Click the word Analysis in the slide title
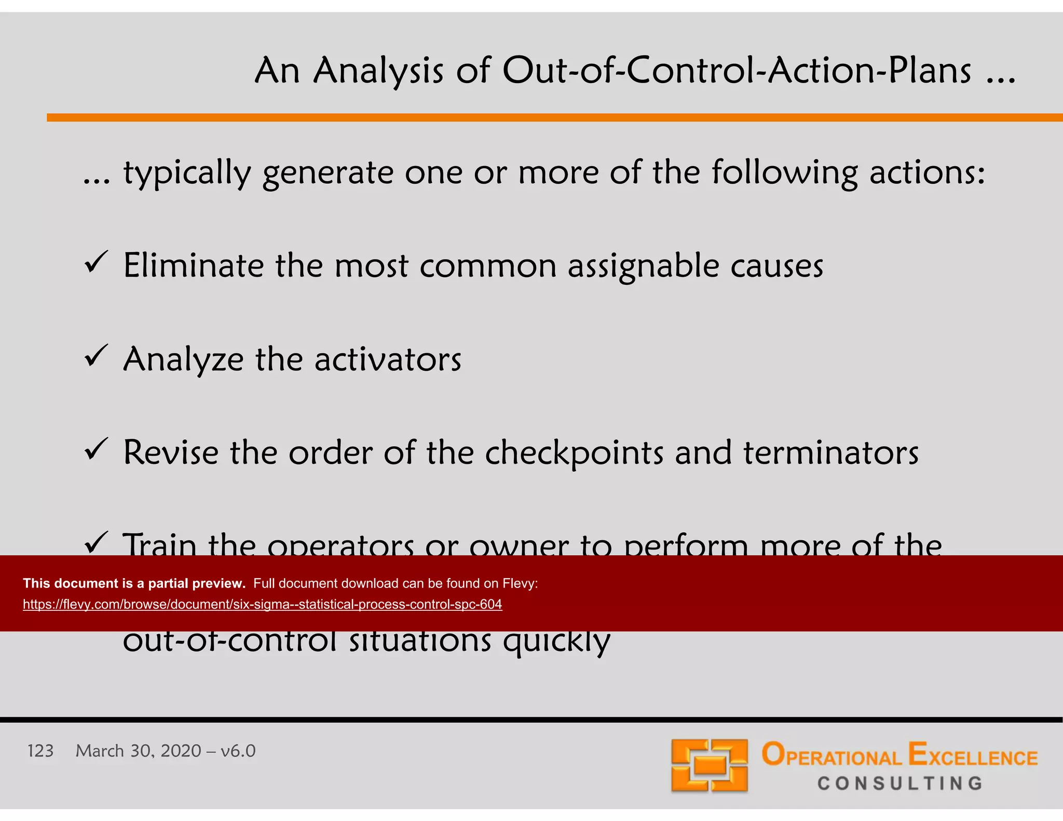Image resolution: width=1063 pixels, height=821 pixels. [x=378, y=71]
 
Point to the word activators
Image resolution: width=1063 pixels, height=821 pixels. [x=388, y=360]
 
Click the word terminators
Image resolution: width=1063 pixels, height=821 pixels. [x=830, y=453]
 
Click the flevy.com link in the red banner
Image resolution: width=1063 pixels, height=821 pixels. [x=262, y=605]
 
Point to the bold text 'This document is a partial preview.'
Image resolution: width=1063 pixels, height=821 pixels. [x=134, y=583]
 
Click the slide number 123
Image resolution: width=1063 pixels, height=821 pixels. [x=40, y=751]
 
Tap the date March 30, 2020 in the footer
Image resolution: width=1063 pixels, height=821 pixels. [x=138, y=751]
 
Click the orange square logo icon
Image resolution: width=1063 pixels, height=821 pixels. [x=709, y=765]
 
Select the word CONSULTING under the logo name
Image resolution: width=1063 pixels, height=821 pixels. [x=900, y=783]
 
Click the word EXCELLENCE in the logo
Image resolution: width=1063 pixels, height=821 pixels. [x=973, y=756]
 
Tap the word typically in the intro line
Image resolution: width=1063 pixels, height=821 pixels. [x=187, y=173]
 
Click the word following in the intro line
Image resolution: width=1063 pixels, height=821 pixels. [x=784, y=173]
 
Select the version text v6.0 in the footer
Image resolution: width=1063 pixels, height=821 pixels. [x=238, y=751]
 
